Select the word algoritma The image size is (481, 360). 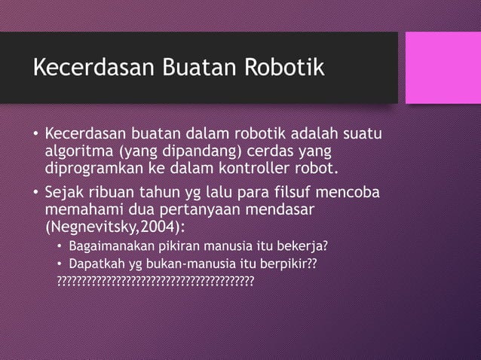point(75,151)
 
